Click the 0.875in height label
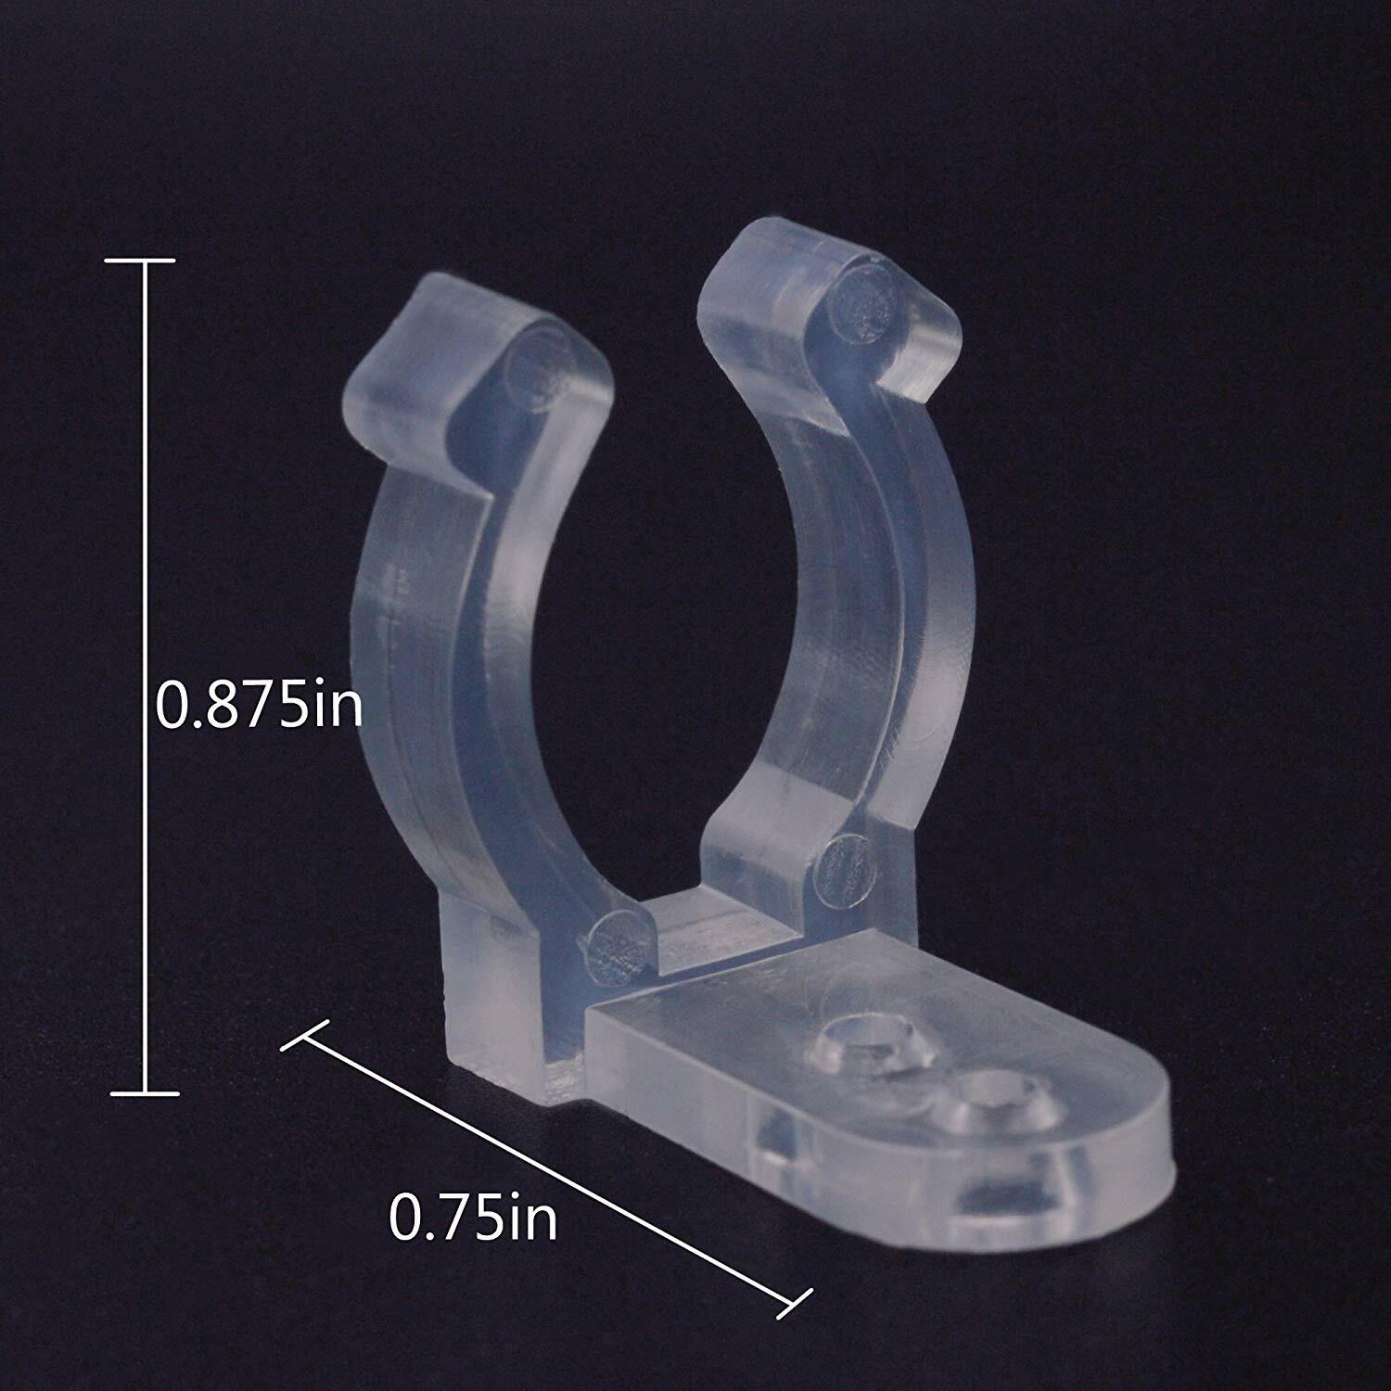259,705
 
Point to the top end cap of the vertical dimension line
144,262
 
